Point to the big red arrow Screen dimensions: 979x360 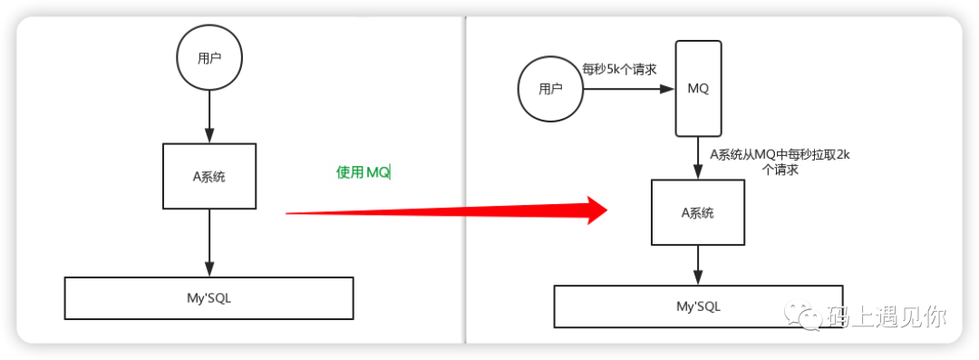pos(446,210)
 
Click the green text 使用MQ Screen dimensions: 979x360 pos(363,172)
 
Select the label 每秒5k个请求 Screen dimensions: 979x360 pos(619,70)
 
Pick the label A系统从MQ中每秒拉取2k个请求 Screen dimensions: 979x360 pos(780,162)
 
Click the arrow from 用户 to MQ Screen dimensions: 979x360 pos(629,89)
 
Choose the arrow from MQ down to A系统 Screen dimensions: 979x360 pos(698,158)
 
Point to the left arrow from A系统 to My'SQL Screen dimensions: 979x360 pos(209,243)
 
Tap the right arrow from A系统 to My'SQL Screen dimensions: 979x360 pos(698,265)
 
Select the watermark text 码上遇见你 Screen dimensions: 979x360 pos(887,316)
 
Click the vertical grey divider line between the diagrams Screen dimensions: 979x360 pos(465,180)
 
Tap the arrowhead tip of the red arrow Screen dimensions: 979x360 pos(607,210)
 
